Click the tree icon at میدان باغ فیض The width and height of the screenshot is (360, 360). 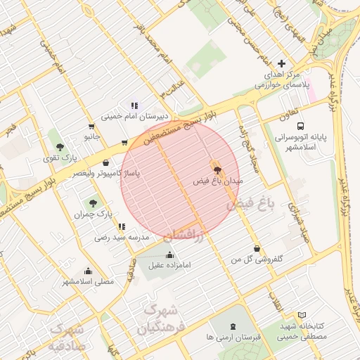click(216, 169)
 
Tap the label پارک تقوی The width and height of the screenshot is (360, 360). click(59, 158)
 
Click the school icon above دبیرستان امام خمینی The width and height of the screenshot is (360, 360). click(134, 105)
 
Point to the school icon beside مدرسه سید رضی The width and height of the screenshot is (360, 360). click(122, 226)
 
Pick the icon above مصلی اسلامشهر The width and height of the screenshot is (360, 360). click(88, 271)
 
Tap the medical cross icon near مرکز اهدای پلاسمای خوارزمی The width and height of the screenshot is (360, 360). click(282, 63)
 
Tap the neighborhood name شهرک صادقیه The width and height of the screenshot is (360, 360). click(67, 337)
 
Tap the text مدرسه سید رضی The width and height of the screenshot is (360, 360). click(122, 238)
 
